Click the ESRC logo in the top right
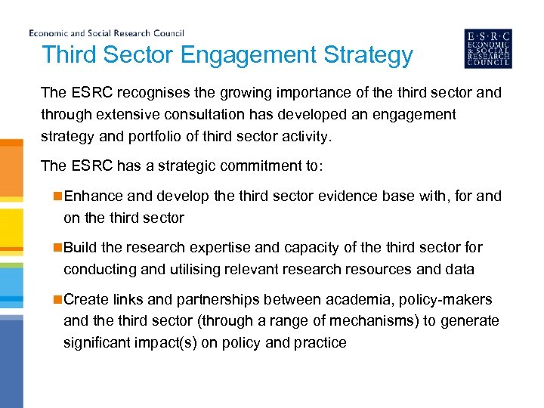(487, 48)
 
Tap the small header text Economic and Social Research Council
(107, 33)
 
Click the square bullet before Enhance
(57, 196)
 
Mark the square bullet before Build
(57, 248)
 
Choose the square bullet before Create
(57, 299)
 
